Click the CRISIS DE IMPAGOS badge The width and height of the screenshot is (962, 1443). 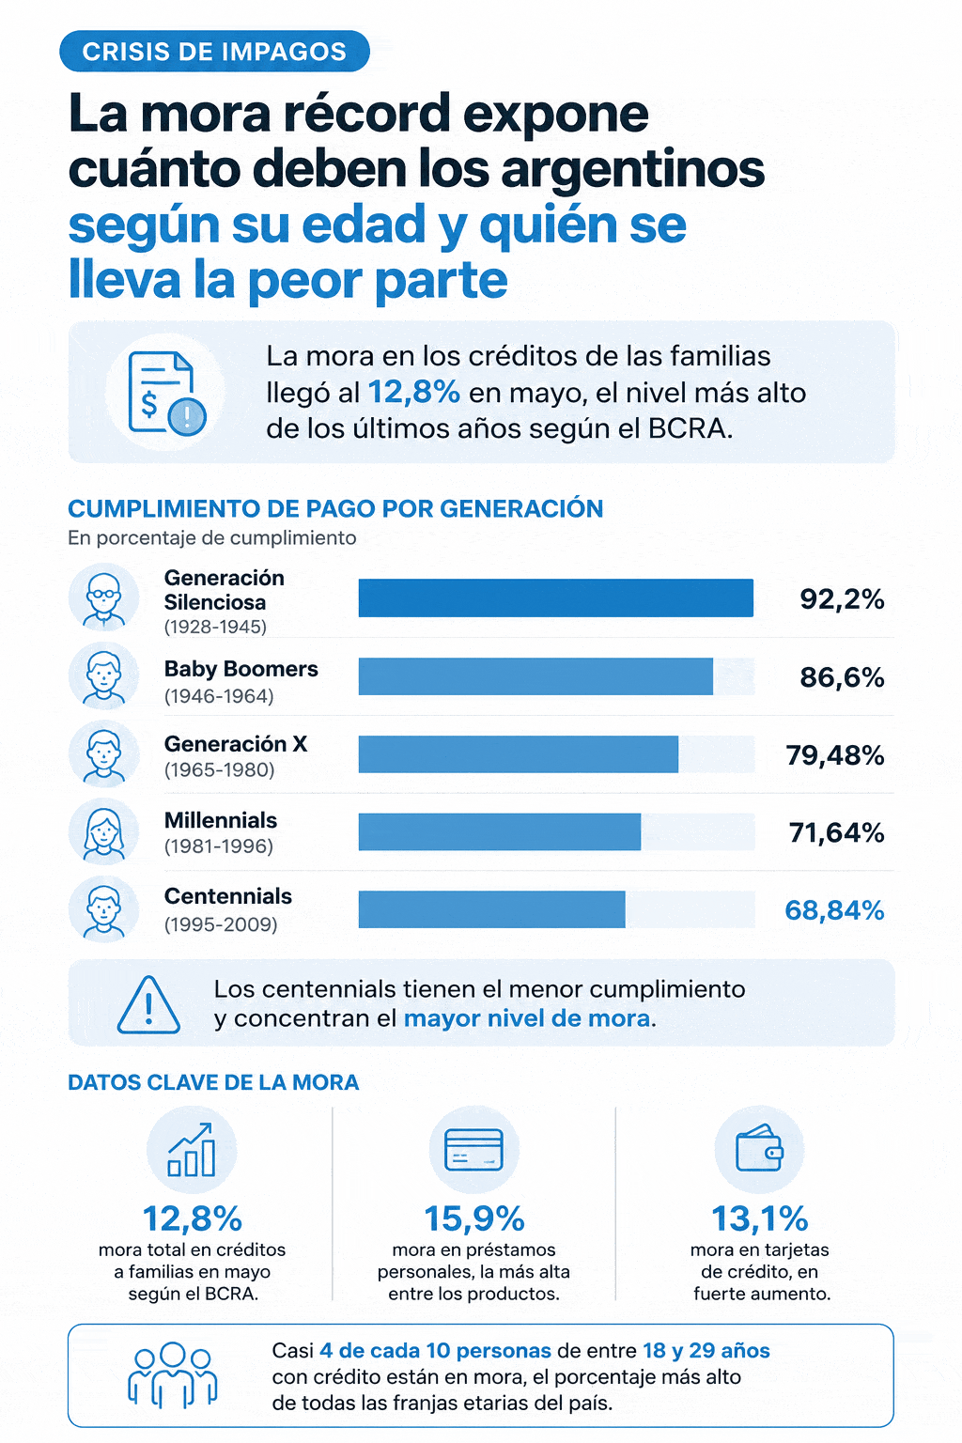click(x=214, y=51)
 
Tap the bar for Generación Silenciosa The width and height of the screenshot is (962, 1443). click(x=555, y=597)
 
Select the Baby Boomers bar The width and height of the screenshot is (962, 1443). click(x=535, y=676)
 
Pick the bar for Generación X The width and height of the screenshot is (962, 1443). click(x=518, y=753)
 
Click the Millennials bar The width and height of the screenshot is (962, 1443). click(x=500, y=831)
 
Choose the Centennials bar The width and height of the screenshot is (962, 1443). click(x=491, y=909)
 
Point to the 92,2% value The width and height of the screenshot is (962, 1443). click(x=842, y=599)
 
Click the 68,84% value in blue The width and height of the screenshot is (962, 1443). click(x=834, y=910)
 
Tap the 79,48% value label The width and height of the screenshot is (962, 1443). click(x=834, y=755)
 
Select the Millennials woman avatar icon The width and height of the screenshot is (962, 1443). click(x=103, y=831)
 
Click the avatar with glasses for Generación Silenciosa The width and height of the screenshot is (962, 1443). click(x=103, y=597)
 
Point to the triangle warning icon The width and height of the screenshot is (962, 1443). click(x=148, y=1005)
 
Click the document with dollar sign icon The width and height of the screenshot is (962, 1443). click(x=165, y=393)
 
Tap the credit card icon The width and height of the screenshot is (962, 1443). click(x=473, y=1150)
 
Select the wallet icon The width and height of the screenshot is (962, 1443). click(x=759, y=1148)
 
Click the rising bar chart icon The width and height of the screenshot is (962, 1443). click(x=192, y=1150)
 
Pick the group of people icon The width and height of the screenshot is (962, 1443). click(x=172, y=1374)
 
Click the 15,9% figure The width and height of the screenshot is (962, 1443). click(x=474, y=1218)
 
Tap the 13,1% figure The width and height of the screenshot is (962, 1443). click(x=760, y=1218)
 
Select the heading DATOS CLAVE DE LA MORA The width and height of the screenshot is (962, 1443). click(x=213, y=1083)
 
